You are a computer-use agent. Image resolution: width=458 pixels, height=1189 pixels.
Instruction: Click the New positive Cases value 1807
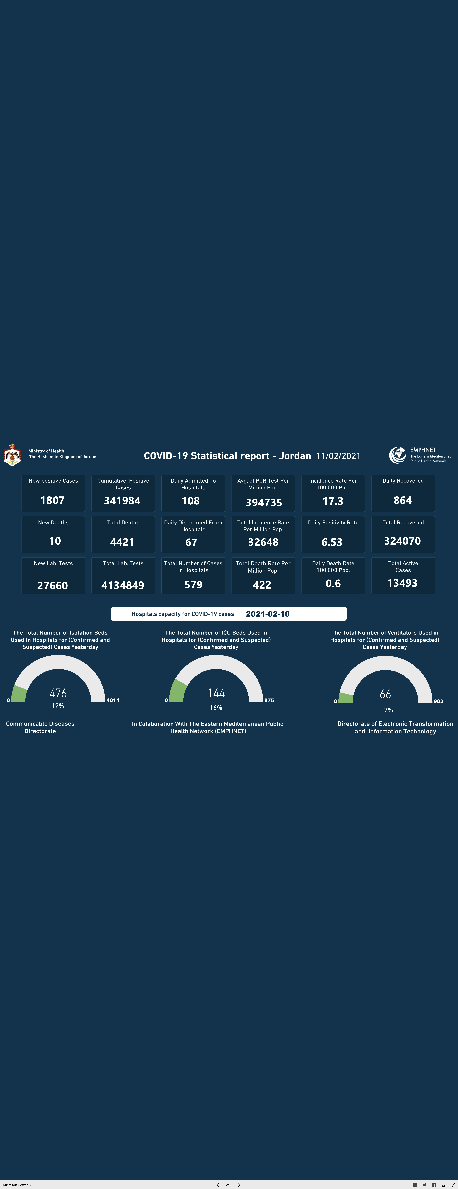pyautogui.click(x=53, y=500)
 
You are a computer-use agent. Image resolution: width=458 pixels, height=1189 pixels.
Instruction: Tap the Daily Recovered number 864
pyautogui.click(x=403, y=500)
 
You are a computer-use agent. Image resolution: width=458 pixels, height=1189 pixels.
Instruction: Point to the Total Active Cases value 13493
pyautogui.click(x=403, y=583)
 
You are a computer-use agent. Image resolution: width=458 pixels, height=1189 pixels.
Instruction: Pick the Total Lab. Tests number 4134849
pyautogui.click(x=123, y=585)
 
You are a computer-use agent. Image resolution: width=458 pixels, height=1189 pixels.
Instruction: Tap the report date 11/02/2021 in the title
pyautogui.click(x=338, y=456)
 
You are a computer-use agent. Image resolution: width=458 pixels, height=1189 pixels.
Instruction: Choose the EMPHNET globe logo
pyautogui.click(x=397, y=455)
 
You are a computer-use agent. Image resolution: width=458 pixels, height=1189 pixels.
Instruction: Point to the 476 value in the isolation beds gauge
pyautogui.click(x=58, y=693)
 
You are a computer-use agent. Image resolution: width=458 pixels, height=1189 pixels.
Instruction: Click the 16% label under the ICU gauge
pyautogui.click(x=216, y=708)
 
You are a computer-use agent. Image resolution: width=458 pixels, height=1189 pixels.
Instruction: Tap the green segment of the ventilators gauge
pyautogui.click(x=345, y=697)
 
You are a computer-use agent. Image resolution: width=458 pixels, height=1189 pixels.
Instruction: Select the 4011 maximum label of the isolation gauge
pyautogui.click(x=113, y=700)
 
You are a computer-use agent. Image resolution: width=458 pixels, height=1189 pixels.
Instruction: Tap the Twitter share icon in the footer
pyautogui.click(x=424, y=1185)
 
